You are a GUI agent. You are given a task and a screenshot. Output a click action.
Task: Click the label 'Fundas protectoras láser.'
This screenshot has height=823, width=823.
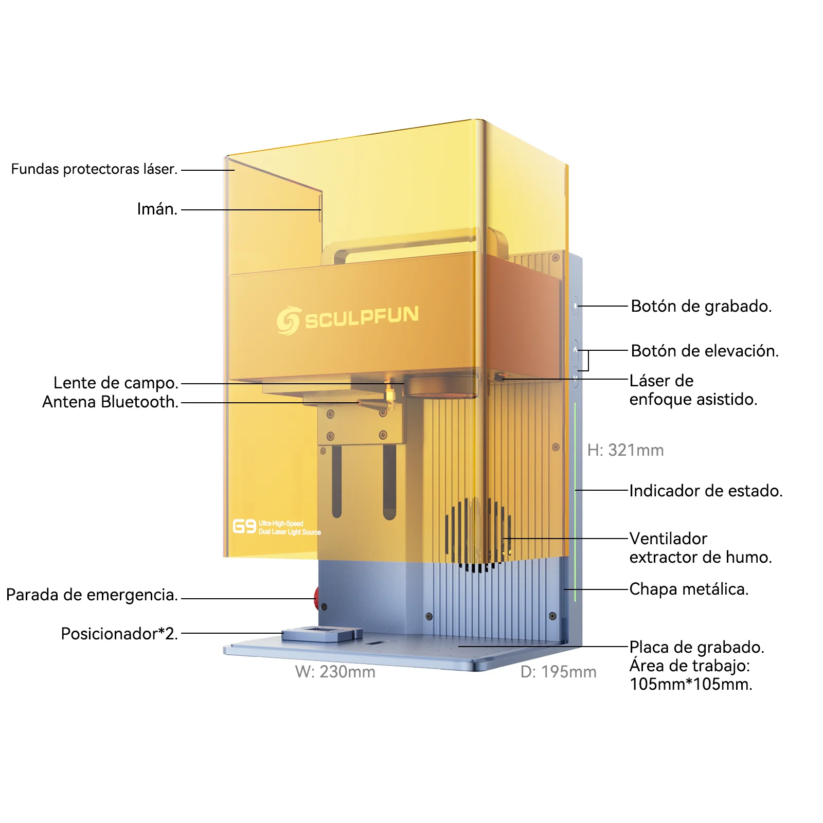click(x=94, y=169)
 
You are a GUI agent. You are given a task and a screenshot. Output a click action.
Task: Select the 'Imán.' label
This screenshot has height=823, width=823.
click(x=157, y=209)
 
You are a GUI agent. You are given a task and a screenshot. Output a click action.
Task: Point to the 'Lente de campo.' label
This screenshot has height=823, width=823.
click(x=116, y=383)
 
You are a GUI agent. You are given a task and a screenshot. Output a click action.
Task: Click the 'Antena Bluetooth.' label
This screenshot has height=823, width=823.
click(x=110, y=402)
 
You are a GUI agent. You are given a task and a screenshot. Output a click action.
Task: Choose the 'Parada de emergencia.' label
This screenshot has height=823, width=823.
click(x=92, y=595)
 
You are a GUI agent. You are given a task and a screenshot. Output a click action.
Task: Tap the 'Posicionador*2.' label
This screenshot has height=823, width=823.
click(x=119, y=634)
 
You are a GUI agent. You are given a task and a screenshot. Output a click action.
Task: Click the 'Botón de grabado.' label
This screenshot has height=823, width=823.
click(x=701, y=306)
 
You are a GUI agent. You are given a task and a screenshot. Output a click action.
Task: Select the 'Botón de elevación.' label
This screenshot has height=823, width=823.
click(x=705, y=351)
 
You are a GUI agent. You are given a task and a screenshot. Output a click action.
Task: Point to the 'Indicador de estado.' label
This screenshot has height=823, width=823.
click(x=706, y=491)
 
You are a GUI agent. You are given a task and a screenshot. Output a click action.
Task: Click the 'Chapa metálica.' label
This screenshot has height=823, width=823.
click(x=689, y=589)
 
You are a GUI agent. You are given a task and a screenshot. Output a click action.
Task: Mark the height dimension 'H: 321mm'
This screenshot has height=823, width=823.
click(x=625, y=450)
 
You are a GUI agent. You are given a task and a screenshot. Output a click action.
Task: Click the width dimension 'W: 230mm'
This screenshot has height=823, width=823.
click(x=335, y=672)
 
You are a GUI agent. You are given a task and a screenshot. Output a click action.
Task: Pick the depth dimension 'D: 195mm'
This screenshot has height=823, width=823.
click(x=558, y=672)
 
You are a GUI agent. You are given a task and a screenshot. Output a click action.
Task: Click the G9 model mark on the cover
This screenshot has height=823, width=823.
click(x=244, y=526)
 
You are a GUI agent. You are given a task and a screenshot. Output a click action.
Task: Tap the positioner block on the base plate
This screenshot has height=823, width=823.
click(x=322, y=634)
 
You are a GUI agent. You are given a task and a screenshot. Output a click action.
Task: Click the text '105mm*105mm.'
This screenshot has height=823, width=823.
click(x=691, y=684)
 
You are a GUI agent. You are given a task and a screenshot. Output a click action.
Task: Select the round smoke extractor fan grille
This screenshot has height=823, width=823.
click(x=478, y=535)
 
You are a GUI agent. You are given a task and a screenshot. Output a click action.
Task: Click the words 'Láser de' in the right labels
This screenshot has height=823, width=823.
click(x=661, y=381)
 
